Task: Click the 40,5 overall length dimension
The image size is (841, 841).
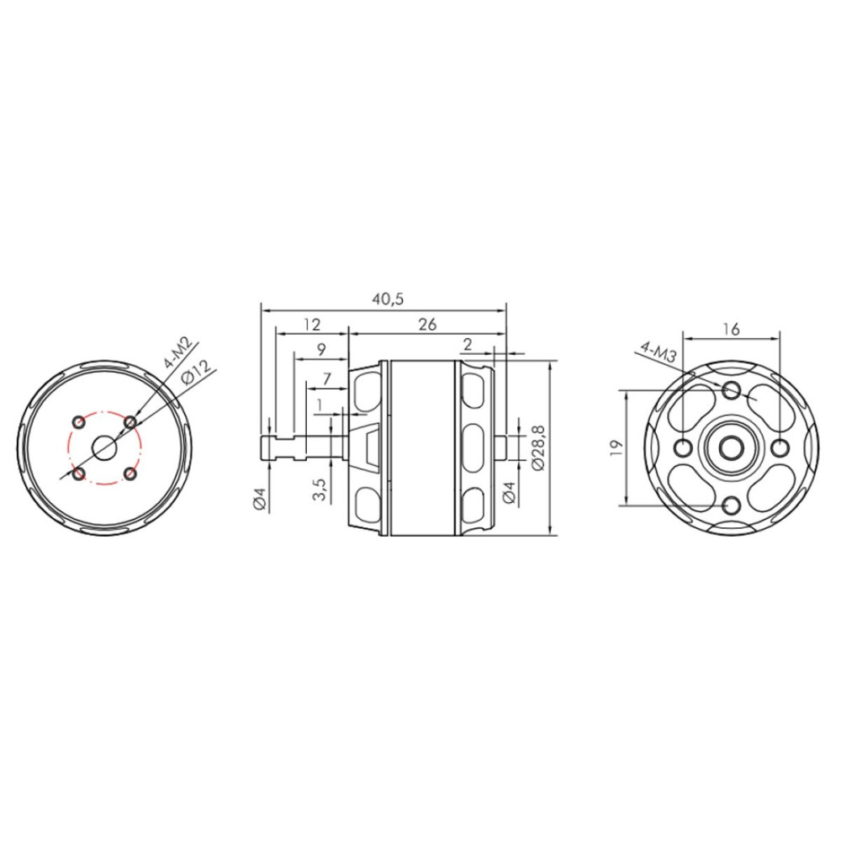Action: coord(388,299)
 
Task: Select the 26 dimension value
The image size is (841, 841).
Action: coord(427,325)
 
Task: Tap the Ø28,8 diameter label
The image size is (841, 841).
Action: coord(538,448)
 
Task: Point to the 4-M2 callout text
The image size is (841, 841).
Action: coord(182,355)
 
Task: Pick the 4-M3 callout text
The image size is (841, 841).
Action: coord(659,353)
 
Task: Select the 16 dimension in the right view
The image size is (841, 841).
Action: coord(731,329)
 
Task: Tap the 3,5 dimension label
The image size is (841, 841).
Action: coord(319,489)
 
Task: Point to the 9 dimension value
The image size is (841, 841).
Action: coord(321,350)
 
